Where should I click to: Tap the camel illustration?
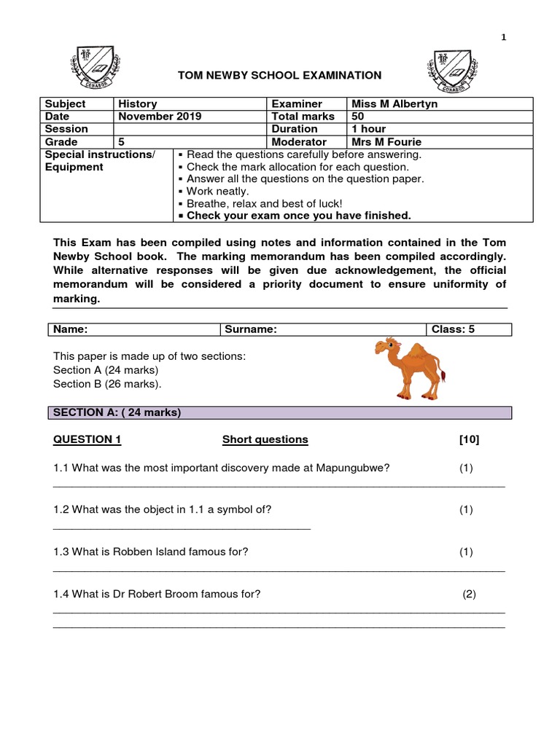(x=411, y=368)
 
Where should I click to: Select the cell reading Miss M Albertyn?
(x=394, y=104)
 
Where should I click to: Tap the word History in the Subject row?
(x=138, y=104)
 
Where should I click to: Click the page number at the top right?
(x=503, y=39)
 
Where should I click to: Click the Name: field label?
(x=70, y=329)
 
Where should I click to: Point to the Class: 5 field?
(x=453, y=329)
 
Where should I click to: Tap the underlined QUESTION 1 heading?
(x=87, y=439)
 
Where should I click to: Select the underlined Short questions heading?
(x=265, y=439)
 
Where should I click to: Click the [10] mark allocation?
(x=469, y=439)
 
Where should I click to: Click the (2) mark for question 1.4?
(x=470, y=594)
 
